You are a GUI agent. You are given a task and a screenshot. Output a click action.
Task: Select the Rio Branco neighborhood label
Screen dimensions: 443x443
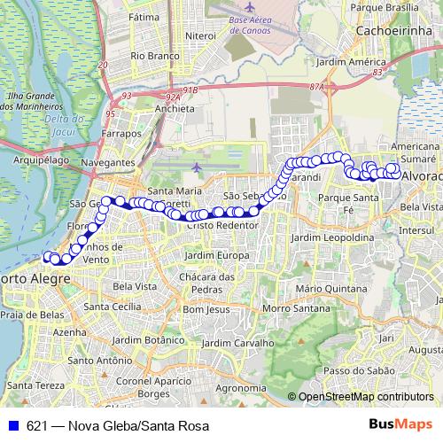click(149, 55)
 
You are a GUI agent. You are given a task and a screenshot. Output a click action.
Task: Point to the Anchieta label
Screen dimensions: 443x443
click(174, 108)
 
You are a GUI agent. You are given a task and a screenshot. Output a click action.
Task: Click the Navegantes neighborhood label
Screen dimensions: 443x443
click(106, 164)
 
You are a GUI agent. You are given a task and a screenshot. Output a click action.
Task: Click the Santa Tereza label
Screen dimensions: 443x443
click(34, 385)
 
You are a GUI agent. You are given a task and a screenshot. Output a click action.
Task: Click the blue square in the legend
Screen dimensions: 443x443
click(12, 425)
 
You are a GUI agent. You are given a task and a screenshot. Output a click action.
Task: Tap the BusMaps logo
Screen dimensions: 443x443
click(400, 424)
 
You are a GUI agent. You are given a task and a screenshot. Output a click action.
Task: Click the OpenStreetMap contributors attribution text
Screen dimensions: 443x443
click(365, 397)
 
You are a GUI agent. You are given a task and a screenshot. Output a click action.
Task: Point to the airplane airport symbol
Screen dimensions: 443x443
click(196, 167)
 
